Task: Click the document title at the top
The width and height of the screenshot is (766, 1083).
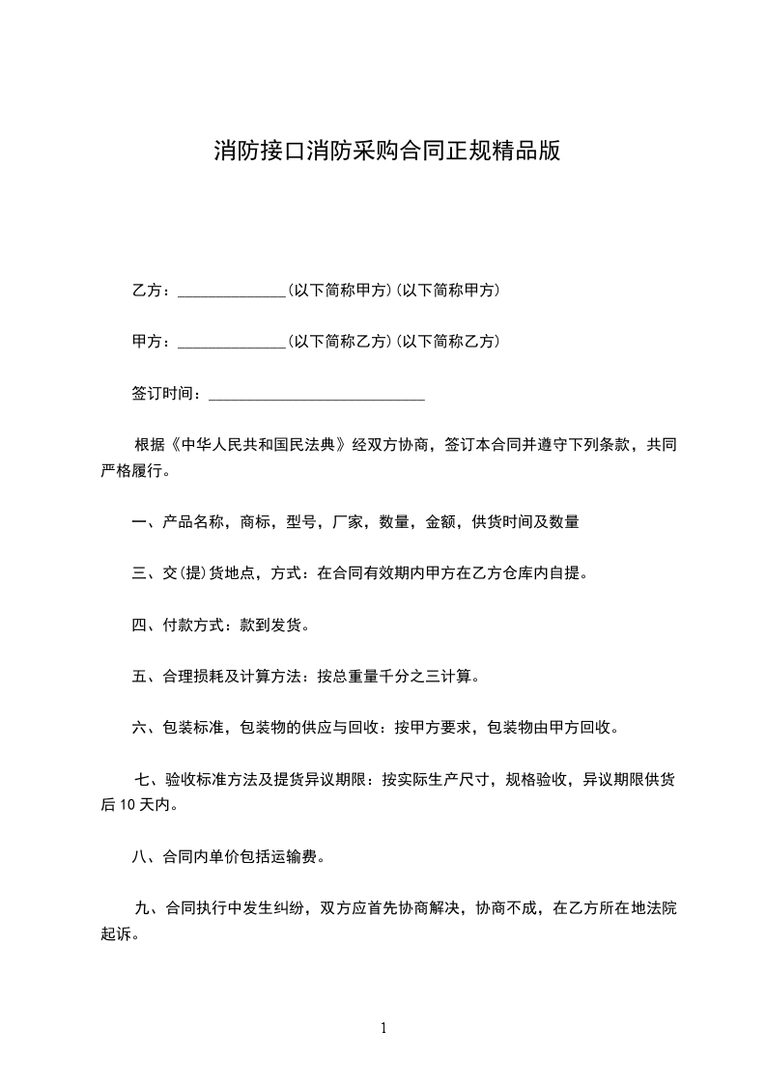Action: tap(386, 152)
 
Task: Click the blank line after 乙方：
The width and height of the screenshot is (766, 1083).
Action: tap(232, 292)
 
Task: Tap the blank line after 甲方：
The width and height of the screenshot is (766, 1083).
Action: tap(232, 343)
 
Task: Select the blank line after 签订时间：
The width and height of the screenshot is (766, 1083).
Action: tap(317, 395)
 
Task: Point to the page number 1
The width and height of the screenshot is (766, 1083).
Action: tap(383, 1028)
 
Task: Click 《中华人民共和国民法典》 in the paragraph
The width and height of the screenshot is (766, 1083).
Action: tap(258, 446)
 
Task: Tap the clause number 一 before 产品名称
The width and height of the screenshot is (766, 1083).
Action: tap(139, 522)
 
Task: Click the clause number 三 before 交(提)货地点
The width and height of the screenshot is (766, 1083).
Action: tap(139, 573)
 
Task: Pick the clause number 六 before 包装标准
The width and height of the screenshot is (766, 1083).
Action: tap(139, 728)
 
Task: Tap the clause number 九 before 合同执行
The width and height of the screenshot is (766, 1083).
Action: tap(145, 908)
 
